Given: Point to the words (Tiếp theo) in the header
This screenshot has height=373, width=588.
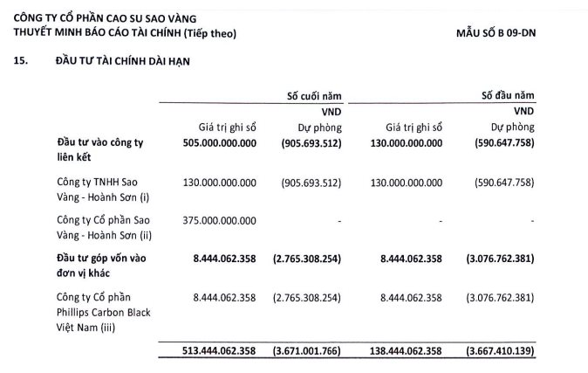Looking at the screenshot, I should pyautogui.click(x=207, y=33).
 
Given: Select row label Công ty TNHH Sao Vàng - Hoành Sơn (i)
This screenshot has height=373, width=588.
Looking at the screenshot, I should pyautogui.click(x=95, y=189).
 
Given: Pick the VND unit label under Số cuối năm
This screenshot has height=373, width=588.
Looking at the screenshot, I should pyautogui.click(x=330, y=111).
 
